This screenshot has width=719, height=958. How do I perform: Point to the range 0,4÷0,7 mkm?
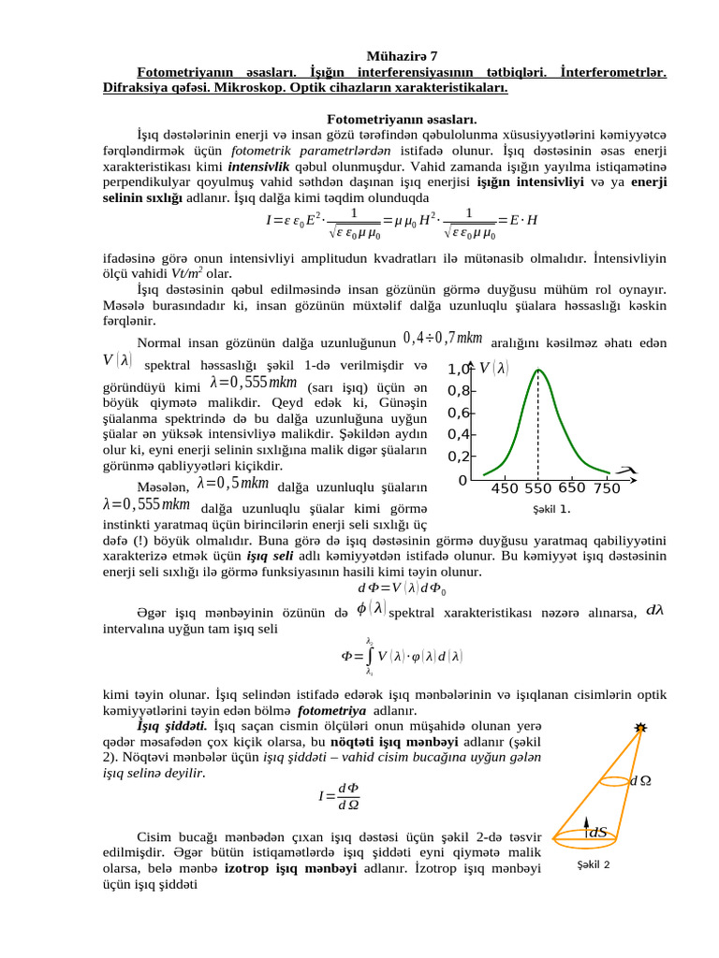pyautogui.click(x=442, y=337)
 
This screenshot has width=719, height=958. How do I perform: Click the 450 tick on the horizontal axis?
pyautogui.click(x=505, y=488)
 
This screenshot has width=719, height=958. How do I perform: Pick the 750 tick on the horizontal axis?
pyautogui.click(x=607, y=488)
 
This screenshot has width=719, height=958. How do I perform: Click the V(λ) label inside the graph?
pyautogui.click(x=493, y=370)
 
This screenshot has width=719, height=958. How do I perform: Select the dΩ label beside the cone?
pyautogui.click(x=640, y=780)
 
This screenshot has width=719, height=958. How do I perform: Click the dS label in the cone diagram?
pyautogui.click(x=596, y=832)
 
